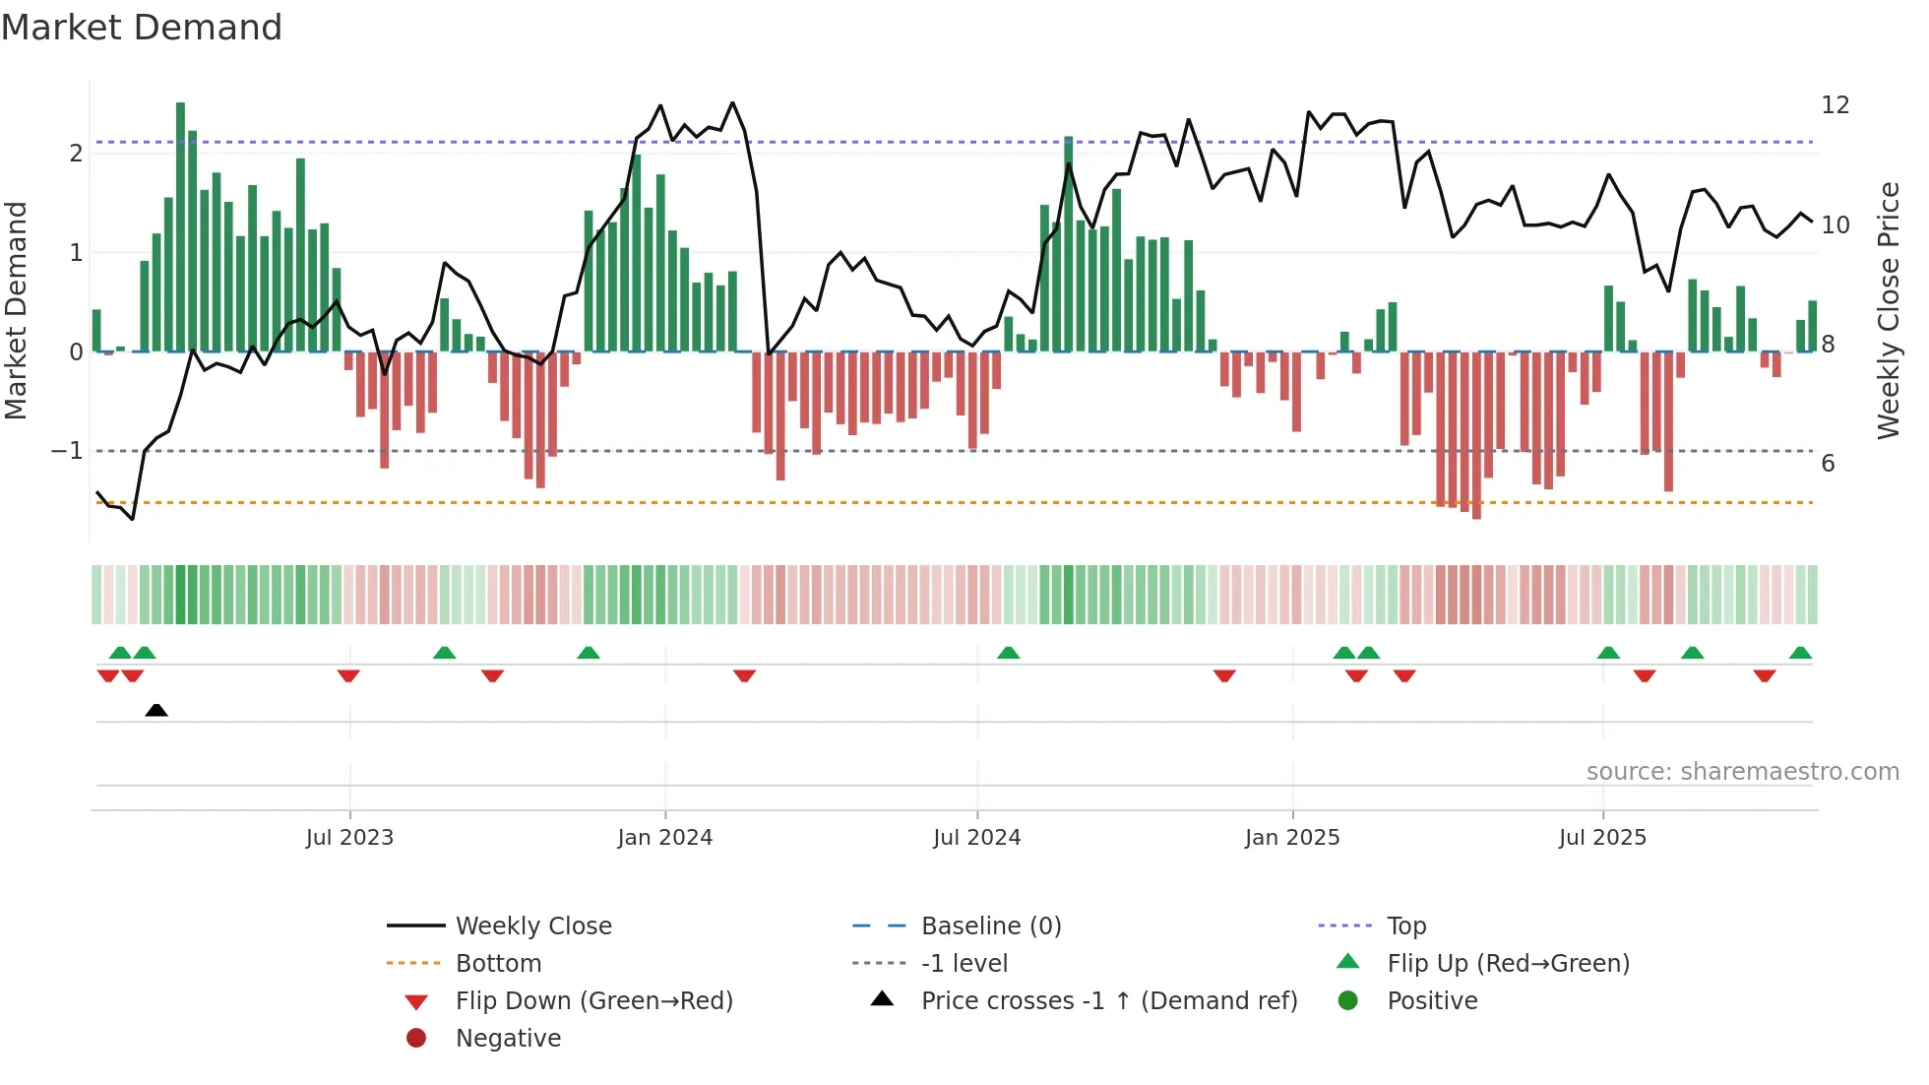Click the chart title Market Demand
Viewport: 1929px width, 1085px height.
142,28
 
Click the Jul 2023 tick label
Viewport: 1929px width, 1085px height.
349,838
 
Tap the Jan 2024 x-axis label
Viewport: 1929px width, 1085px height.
664,838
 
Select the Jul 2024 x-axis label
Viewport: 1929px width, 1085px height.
976,838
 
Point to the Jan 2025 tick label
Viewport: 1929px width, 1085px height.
1291,838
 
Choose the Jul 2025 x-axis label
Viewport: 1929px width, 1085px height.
1602,838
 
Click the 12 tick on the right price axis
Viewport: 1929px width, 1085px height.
1835,105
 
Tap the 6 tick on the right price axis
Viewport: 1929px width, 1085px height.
1828,464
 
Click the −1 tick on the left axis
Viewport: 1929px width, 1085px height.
67,451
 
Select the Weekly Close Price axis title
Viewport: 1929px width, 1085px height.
1888,310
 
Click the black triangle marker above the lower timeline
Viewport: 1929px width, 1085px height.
156,710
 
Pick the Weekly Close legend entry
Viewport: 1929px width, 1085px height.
532,926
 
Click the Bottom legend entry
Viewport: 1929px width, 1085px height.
498,964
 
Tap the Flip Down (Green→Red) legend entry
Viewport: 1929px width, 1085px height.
593,1001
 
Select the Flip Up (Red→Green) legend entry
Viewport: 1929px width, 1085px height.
1508,964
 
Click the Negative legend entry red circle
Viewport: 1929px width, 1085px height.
416,1039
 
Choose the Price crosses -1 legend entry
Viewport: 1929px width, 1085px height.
1108,1001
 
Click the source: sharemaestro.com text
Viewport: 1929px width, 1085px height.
1742,772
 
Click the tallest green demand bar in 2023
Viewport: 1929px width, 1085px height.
180,226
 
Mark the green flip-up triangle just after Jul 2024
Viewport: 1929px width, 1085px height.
1008,653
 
